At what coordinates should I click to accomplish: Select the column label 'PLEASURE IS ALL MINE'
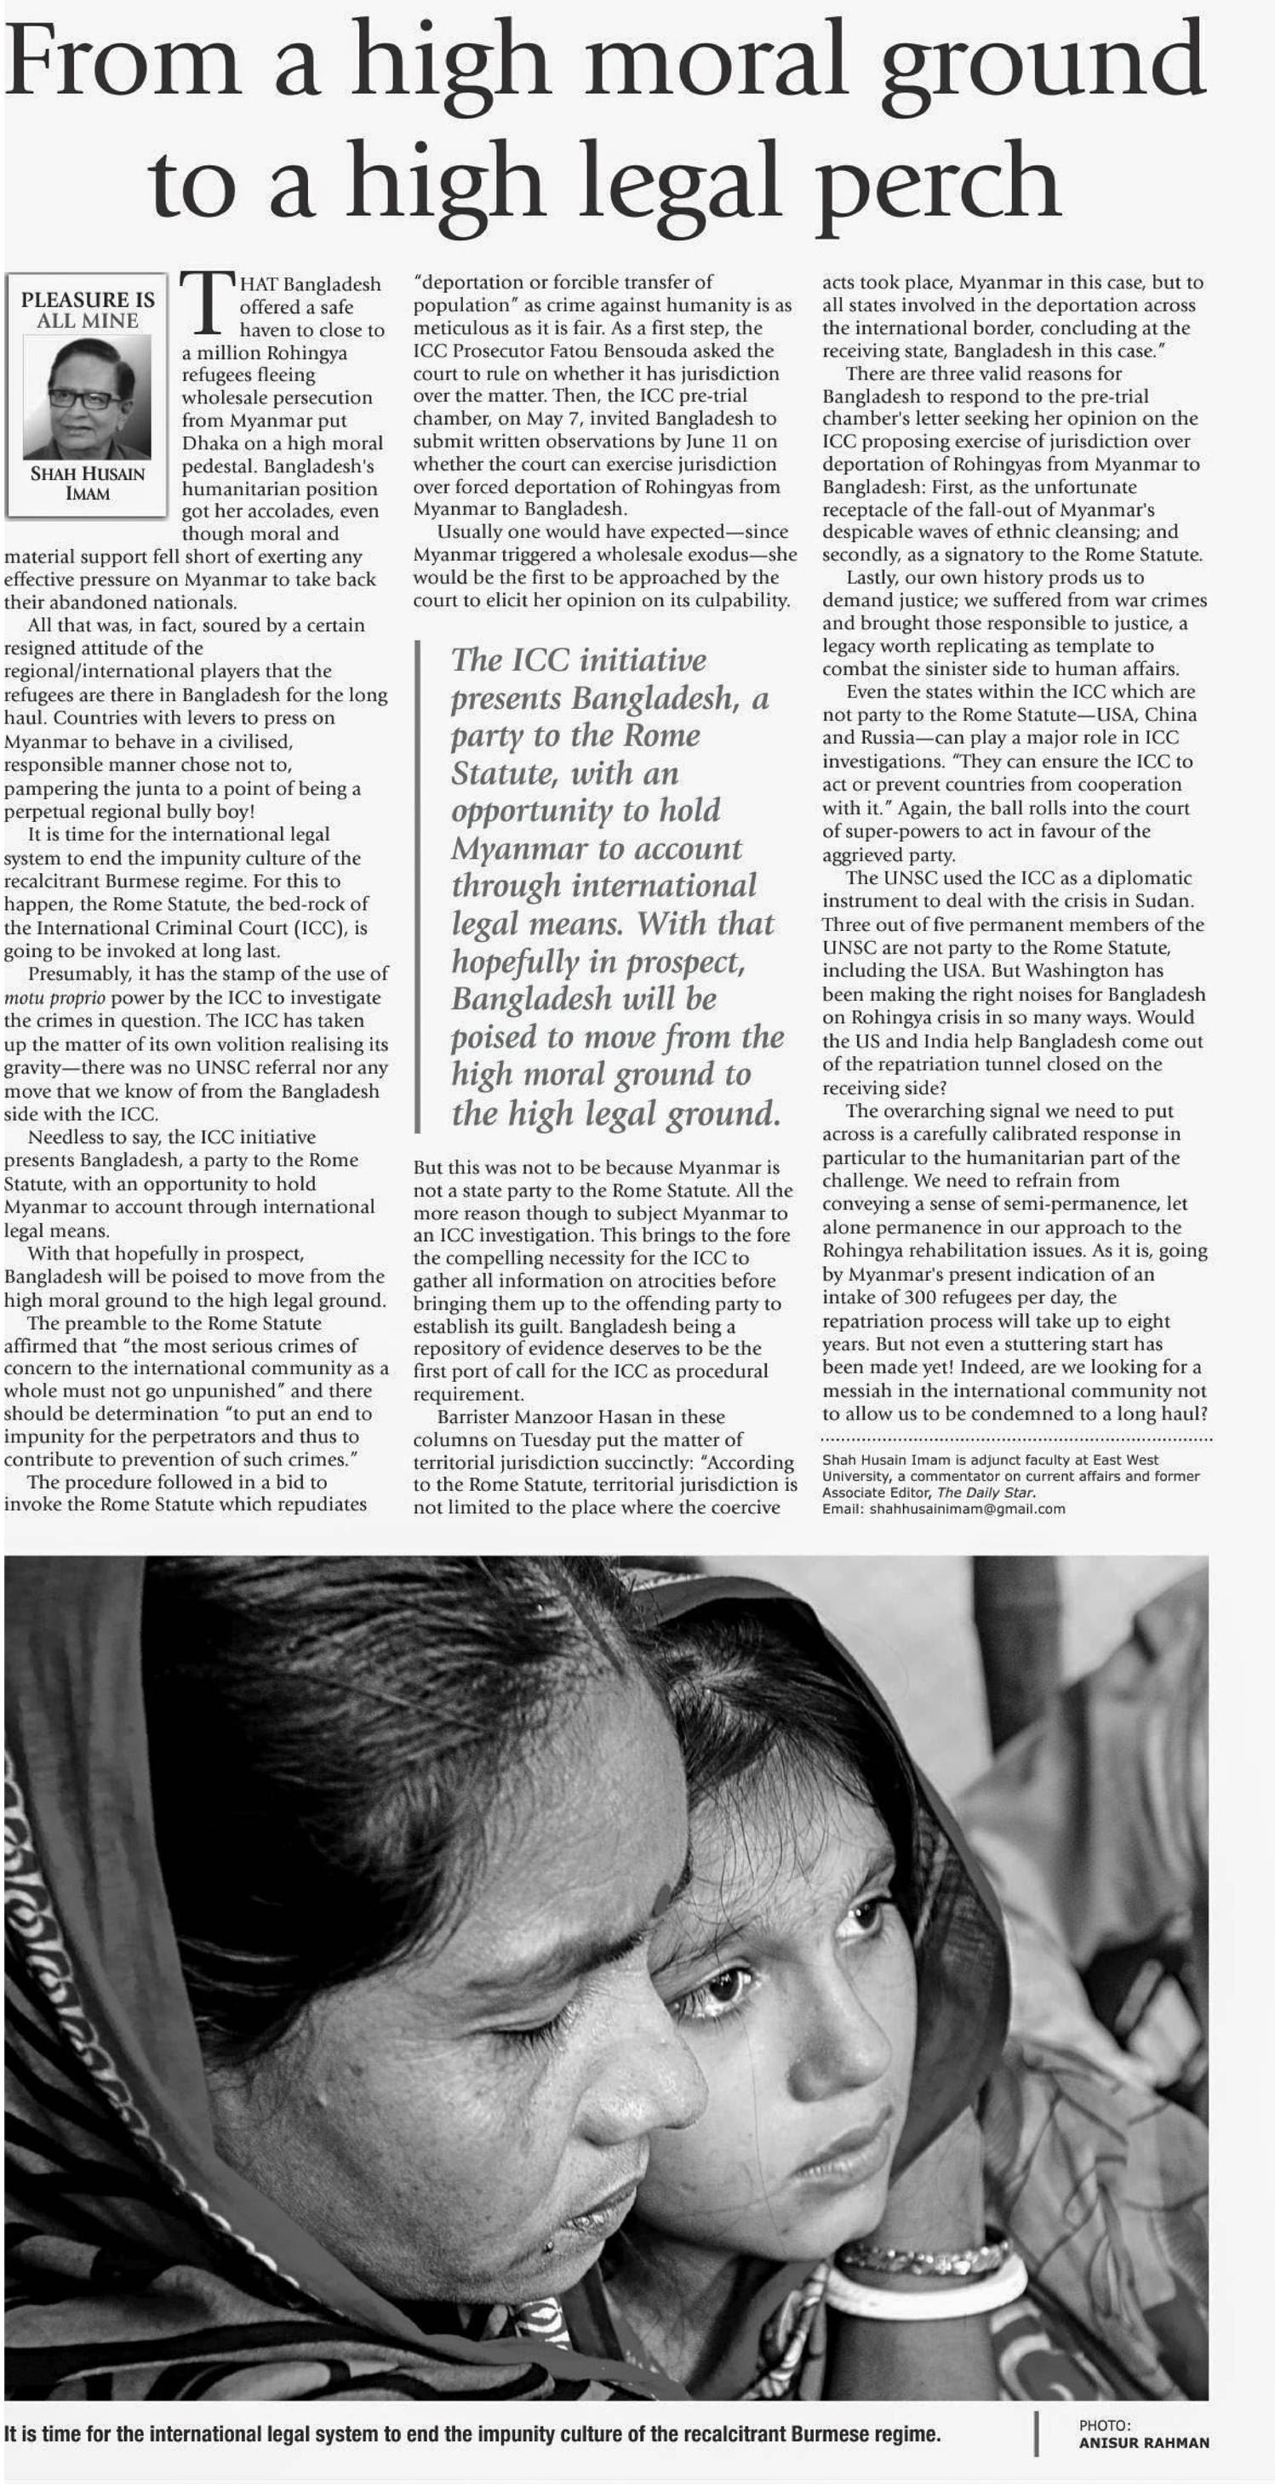[x=87, y=310]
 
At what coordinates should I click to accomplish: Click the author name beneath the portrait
[x=87, y=483]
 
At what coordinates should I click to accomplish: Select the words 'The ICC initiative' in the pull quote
[x=579, y=660]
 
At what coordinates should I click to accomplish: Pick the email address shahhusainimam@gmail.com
[x=968, y=1509]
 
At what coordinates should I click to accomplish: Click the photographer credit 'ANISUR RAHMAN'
[x=1143, y=2442]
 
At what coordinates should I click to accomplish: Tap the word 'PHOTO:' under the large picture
[x=1104, y=2425]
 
